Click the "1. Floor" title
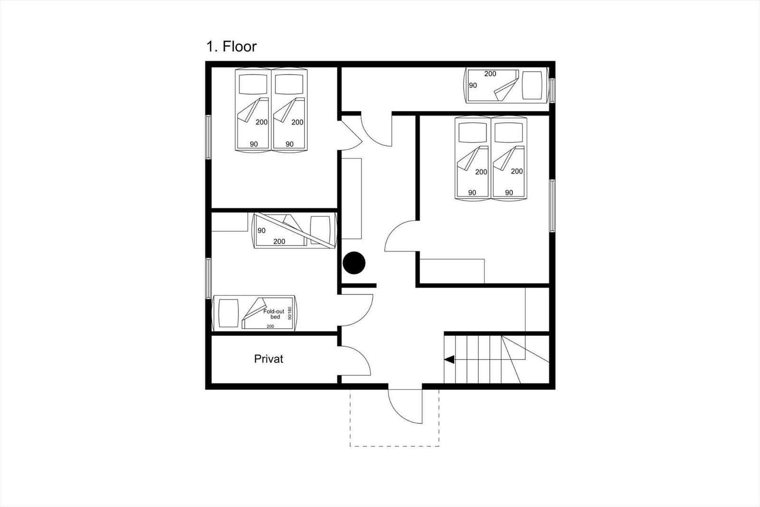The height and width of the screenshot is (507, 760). pyautogui.click(x=231, y=47)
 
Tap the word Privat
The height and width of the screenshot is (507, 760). pyautogui.click(x=268, y=359)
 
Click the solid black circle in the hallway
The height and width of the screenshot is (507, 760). pyautogui.click(x=354, y=263)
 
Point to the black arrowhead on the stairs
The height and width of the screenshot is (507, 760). pyautogui.click(x=449, y=359)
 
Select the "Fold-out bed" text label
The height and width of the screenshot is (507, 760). pyautogui.click(x=274, y=314)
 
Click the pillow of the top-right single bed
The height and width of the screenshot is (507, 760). pyautogui.click(x=532, y=85)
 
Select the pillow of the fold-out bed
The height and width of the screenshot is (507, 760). pyautogui.click(x=228, y=313)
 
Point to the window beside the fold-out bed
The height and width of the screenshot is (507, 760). pyautogui.click(x=209, y=278)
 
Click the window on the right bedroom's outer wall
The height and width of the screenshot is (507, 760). pyautogui.click(x=552, y=205)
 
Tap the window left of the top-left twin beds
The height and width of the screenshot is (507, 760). pyautogui.click(x=209, y=137)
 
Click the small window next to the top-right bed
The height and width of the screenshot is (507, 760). pyautogui.click(x=552, y=90)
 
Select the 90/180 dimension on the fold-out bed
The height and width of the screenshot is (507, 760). pyautogui.click(x=289, y=313)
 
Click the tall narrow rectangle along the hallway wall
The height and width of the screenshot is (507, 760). pyautogui.click(x=351, y=198)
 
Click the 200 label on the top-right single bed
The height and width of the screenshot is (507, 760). pyautogui.click(x=490, y=74)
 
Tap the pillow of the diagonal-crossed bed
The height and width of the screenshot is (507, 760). pyautogui.click(x=320, y=230)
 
